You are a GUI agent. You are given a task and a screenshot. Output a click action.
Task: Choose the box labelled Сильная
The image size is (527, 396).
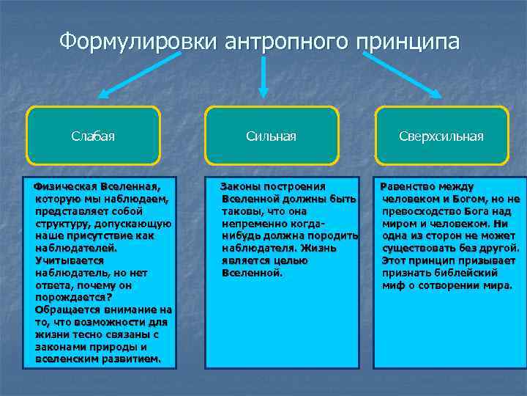[272, 136]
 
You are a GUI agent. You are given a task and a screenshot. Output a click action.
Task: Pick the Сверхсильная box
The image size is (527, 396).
[441, 136]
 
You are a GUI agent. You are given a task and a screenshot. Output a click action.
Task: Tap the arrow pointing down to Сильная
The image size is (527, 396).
[264, 76]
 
